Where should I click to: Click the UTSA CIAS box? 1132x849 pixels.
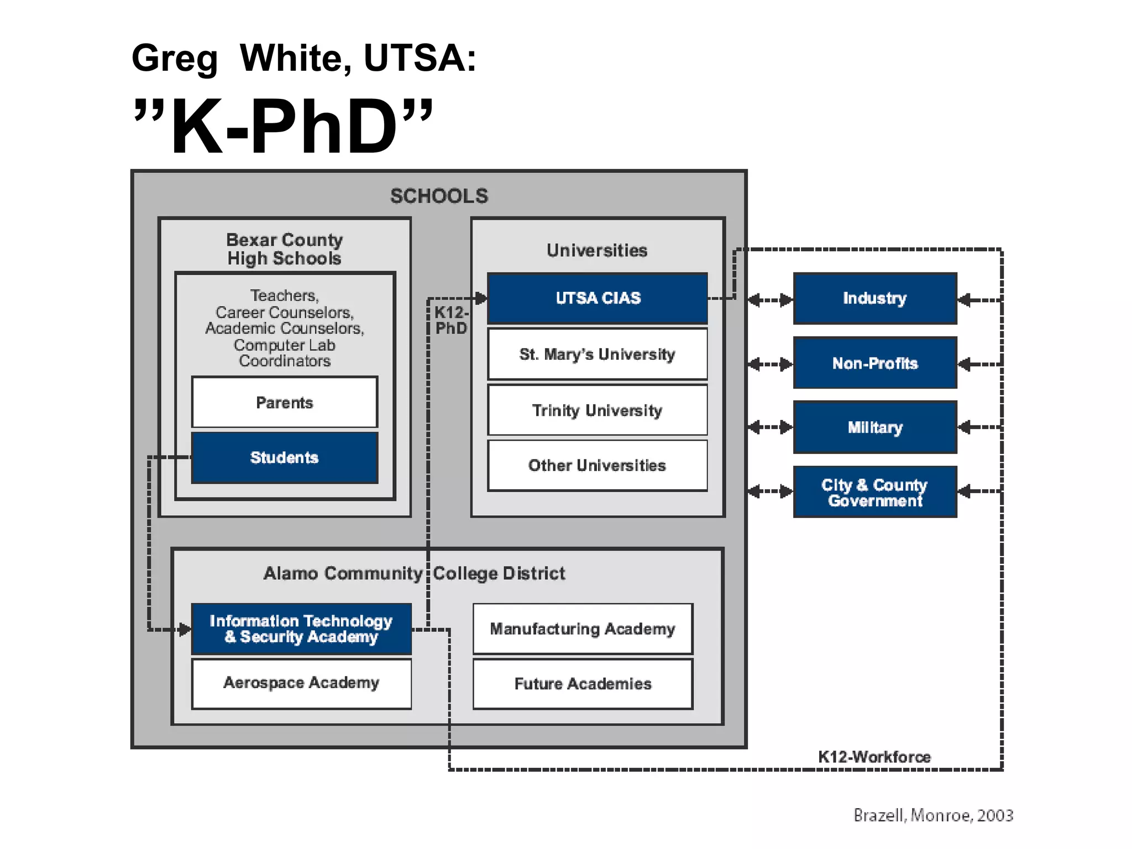(598, 298)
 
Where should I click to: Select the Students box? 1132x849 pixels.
(285, 458)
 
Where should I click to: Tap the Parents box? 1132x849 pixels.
(285, 402)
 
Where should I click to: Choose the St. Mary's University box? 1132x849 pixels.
(598, 354)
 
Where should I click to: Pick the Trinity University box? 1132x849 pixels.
(598, 410)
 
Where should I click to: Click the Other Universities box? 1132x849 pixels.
(598, 465)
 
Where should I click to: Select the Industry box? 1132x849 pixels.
(875, 298)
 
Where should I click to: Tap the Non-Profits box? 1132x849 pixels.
(875, 363)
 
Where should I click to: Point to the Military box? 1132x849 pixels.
(875, 427)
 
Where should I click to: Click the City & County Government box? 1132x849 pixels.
(875, 492)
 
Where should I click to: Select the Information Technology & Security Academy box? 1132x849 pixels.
(301, 629)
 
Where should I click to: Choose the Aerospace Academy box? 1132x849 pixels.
(301, 683)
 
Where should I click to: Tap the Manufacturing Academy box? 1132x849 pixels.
(583, 629)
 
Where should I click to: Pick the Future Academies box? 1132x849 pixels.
(583, 684)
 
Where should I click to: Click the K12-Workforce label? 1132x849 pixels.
(874, 757)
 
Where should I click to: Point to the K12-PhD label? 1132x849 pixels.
(451, 321)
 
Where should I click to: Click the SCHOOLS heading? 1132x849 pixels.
(439, 196)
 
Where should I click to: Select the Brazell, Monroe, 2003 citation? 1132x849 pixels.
(933, 815)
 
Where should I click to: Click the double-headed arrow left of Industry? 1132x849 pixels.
(770, 300)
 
